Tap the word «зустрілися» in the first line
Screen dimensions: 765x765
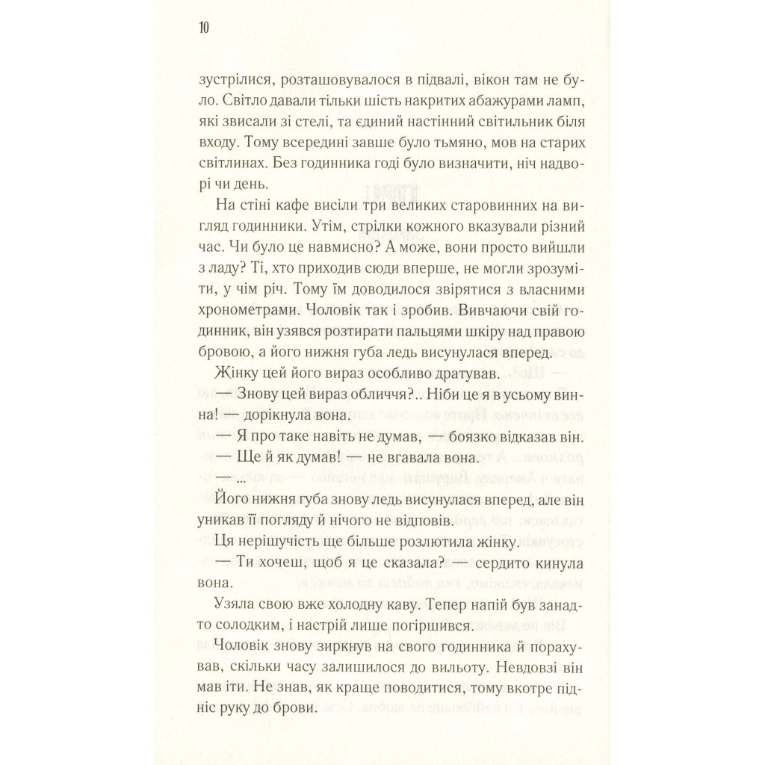(230, 78)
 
